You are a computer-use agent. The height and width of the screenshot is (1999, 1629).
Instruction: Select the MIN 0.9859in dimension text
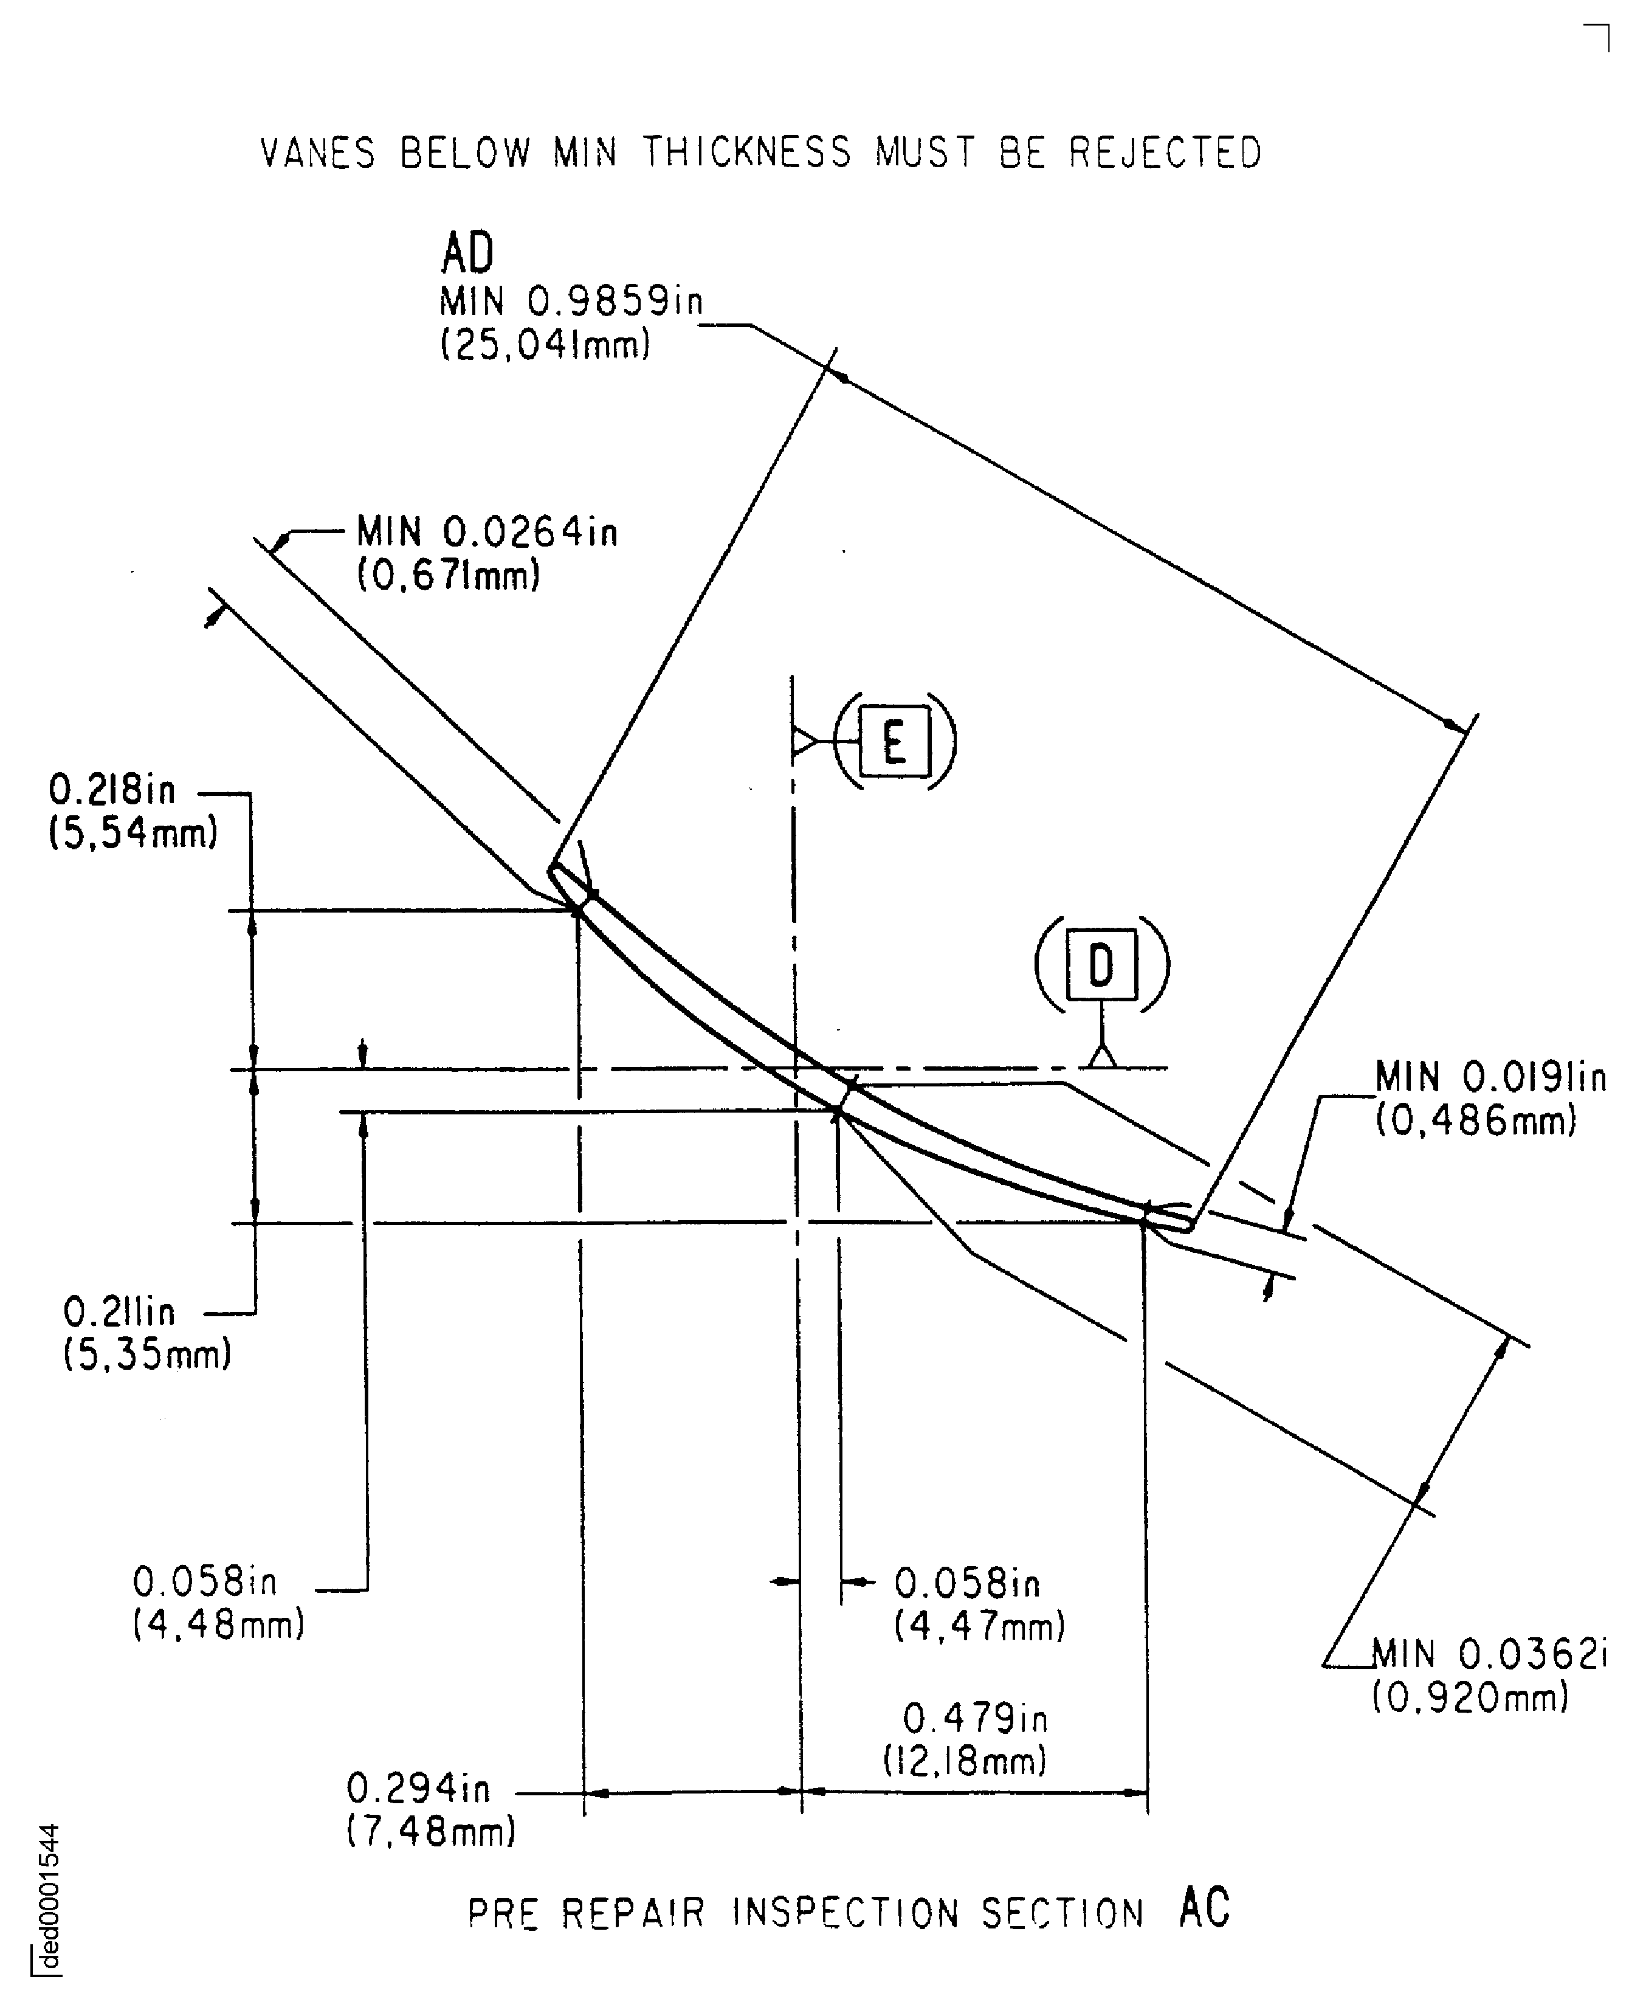[x=571, y=302]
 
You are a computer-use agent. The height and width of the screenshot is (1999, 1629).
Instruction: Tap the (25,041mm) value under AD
[x=545, y=345]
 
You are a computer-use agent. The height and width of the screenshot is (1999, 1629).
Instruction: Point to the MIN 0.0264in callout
[x=486, y=532]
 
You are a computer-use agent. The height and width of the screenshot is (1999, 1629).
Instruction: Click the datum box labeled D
[x=1101, y=965]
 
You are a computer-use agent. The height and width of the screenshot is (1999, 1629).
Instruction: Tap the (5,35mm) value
[x=147, y=1355]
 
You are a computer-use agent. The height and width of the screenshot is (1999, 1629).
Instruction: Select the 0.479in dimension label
[x=975, y=1718]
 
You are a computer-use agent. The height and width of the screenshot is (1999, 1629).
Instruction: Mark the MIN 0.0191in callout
[x=1490, y=1077]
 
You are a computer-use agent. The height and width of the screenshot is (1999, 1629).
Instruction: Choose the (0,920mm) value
[x=1470, y=1697]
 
